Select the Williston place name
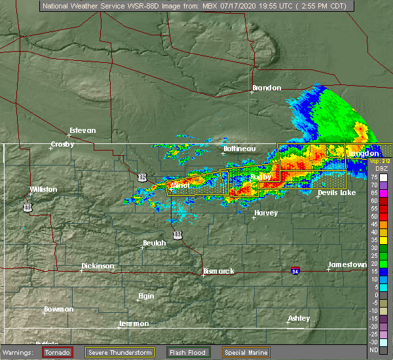(43, 190)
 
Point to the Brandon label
(267, 88)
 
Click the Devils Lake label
(337, 193)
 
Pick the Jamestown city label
(348, 264)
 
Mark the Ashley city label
(299, 318)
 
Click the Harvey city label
(266, 213)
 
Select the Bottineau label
(239, 149)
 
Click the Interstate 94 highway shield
(295, 270)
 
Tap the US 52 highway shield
(142, 177)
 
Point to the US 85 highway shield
(27, 207)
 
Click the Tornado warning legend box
(58, 352)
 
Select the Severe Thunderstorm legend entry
(120, 352)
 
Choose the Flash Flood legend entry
(189, 352)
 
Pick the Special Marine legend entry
(244, 352)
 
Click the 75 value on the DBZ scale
(374, 177)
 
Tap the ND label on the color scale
(374, 350)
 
